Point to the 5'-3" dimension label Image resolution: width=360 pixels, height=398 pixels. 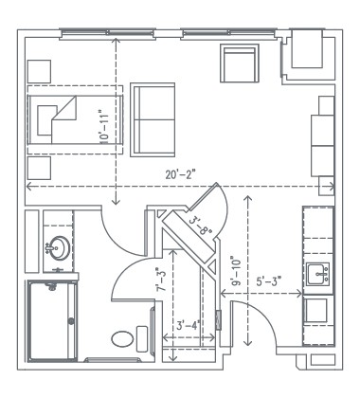tap(269, 281)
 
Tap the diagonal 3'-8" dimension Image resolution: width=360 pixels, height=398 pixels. tap(200, 225)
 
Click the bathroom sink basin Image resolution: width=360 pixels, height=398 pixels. tap(56, 248)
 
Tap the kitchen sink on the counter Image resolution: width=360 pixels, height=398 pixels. tap(316, 276)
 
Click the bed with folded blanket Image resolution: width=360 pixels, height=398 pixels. tap(73, 118)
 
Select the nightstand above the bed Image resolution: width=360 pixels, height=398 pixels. tap(40, 72)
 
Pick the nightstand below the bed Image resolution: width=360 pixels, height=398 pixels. tap(40, 169)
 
